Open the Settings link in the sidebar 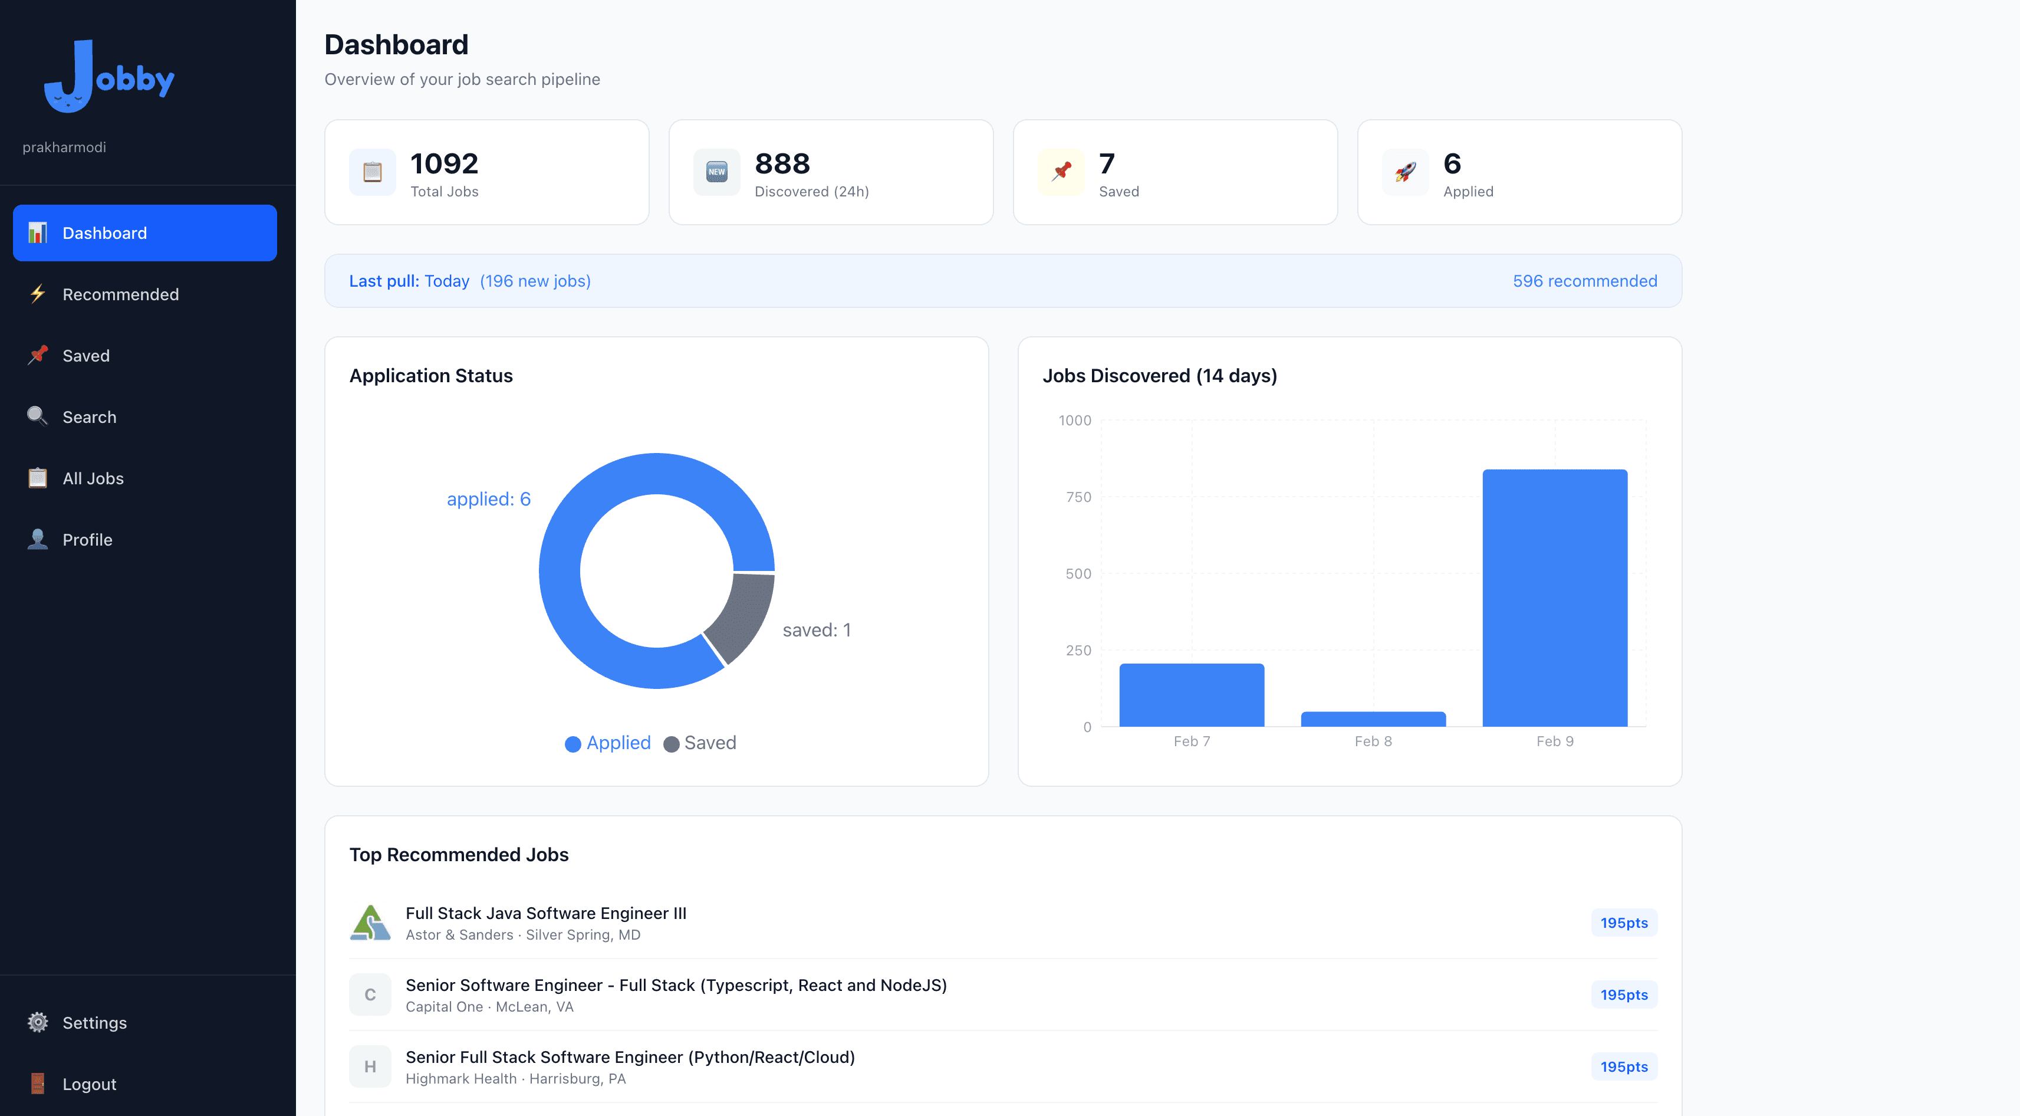(94, 1023)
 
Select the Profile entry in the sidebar (87, 540)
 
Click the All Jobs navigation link (93, 478)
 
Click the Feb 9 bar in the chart (1554, 598)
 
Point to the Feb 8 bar (1373, 719)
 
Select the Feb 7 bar (1191, 695)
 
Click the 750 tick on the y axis (1078, 497)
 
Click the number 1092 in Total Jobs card (444, 164)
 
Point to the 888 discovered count (782, 164)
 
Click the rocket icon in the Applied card (1405, 172)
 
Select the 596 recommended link (1584, 281)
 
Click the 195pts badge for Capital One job (1623, 994)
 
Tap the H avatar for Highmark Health (370, 1066)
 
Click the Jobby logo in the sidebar (110, 77)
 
